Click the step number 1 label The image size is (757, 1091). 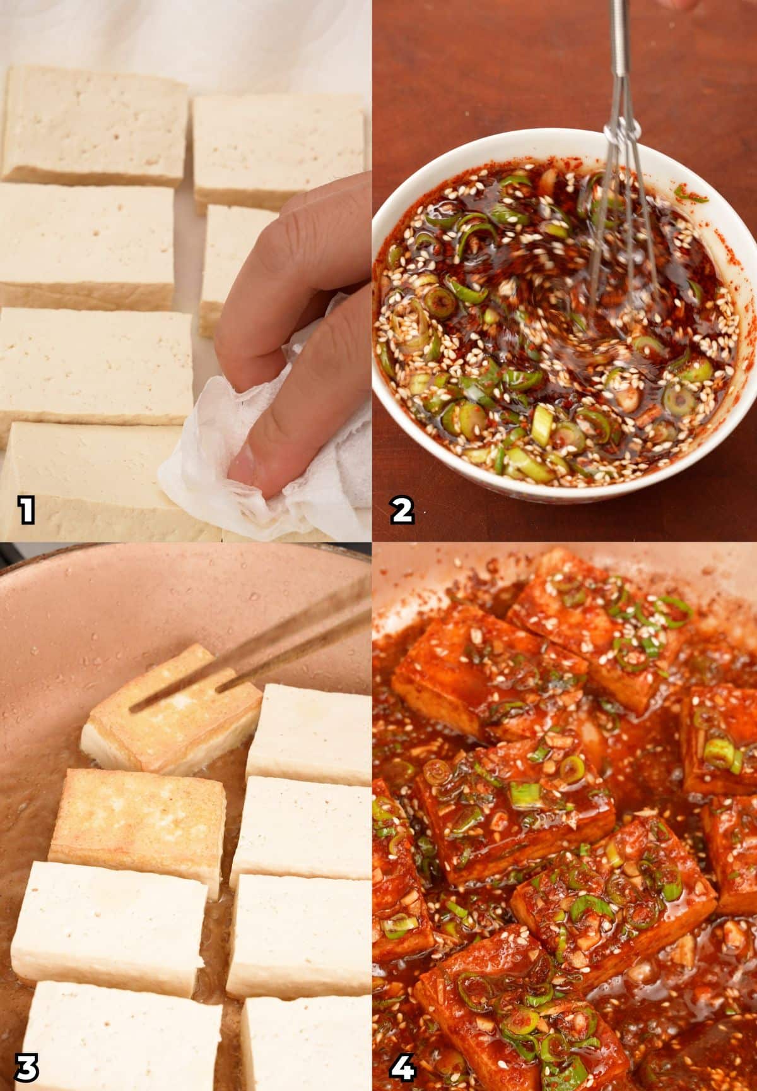tap(26, 510)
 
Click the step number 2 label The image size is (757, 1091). tap(402, 510)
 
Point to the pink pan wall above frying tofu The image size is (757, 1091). tap(158, 606)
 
